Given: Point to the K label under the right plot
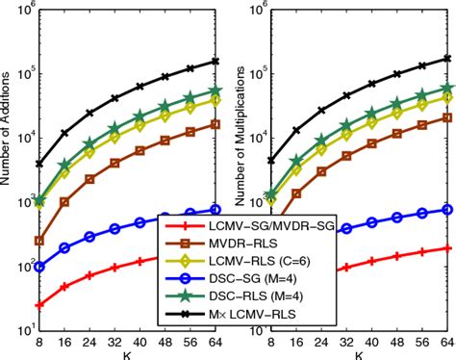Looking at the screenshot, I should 358,353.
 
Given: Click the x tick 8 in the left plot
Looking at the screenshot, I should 38,341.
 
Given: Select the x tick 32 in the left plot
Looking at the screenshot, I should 114,341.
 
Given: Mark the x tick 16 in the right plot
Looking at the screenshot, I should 295,341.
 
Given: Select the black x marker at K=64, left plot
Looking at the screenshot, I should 215,61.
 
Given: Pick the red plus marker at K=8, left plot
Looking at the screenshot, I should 38,305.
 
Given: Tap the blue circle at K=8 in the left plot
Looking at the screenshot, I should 38,266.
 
